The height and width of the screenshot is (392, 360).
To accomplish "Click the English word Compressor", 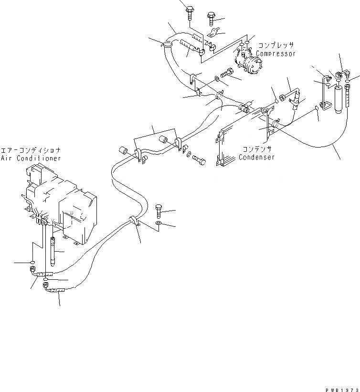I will (276, 54).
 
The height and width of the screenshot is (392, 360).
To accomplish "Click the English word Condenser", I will (256, 157).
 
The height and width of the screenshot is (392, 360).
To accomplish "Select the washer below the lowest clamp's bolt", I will (159, 223).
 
